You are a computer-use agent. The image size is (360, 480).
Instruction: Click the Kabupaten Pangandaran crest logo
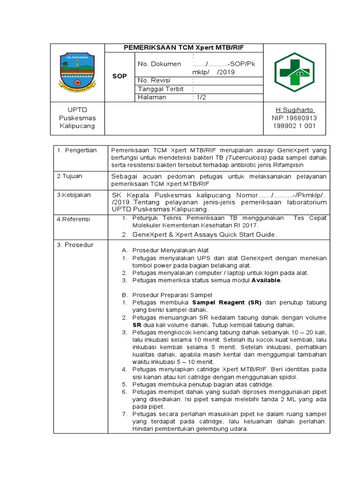coord(77,72)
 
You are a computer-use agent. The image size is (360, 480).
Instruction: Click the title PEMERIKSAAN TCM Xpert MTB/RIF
coord(184,48)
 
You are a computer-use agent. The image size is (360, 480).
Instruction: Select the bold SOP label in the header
coord(120,76)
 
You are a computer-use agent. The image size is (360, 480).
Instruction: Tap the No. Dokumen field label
coord(159,64)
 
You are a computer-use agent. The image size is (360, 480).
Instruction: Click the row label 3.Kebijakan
coord(74,195)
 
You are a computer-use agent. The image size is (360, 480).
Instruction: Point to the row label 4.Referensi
coord(74,219)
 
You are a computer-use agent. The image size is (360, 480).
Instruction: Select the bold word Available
coord(266,280)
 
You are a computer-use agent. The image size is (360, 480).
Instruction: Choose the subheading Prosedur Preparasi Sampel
coord(172,295)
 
